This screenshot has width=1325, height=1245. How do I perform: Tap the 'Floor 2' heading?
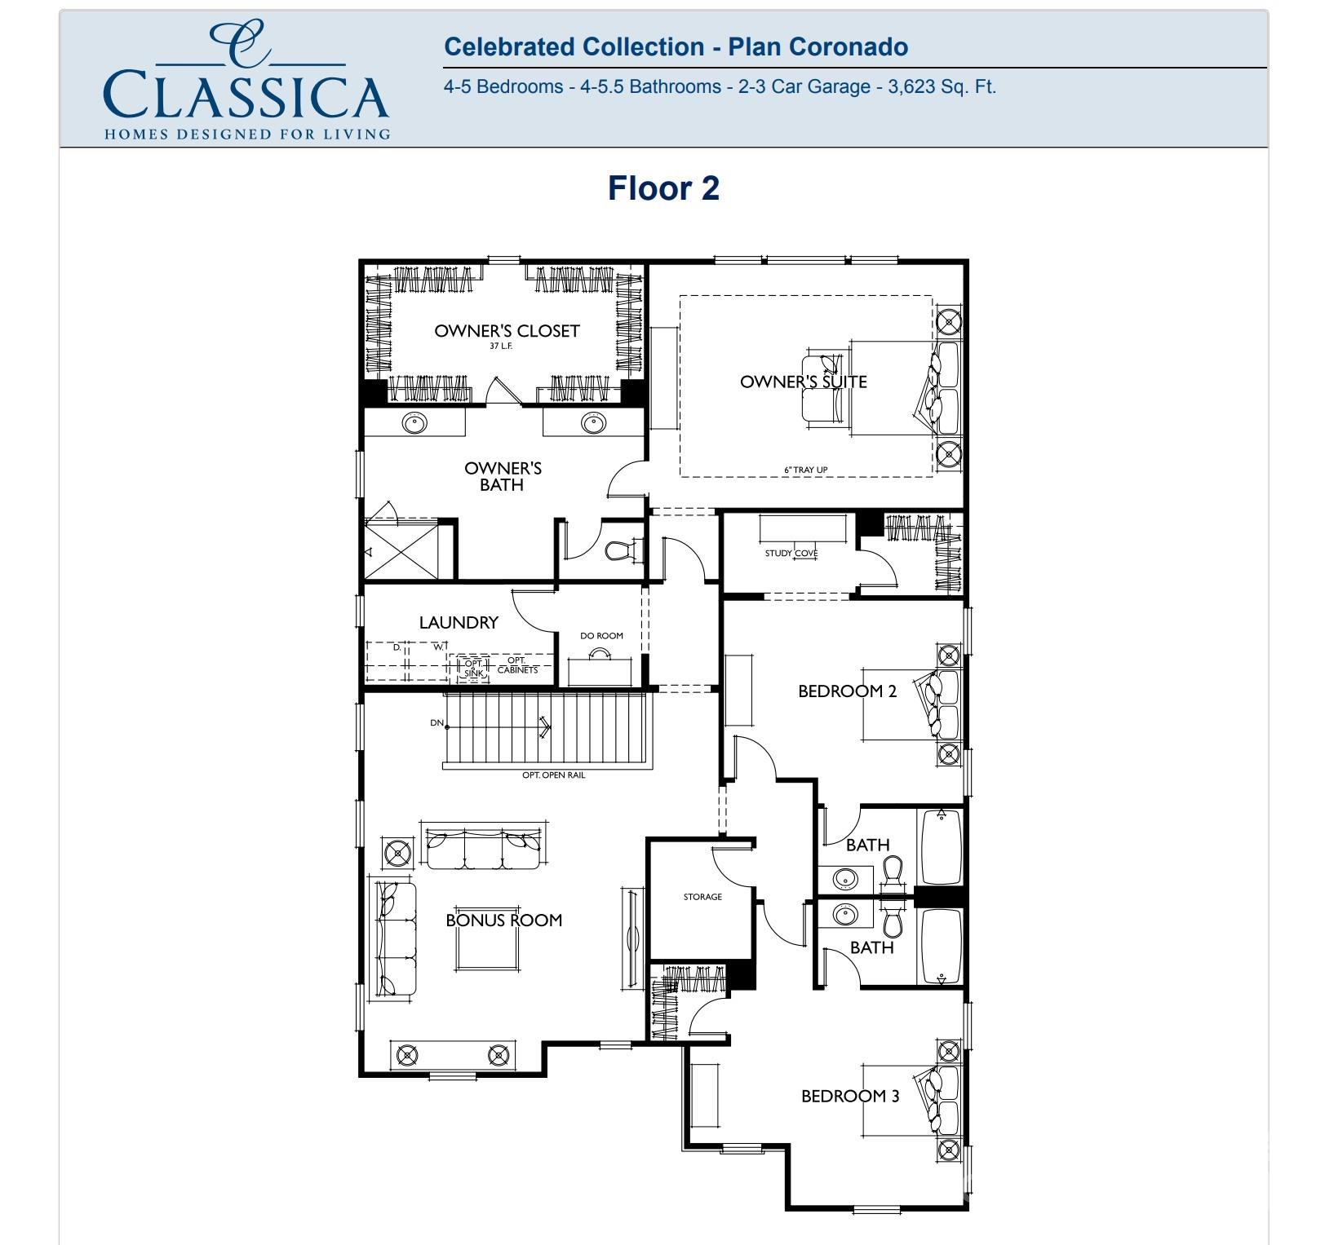[x=663, y=188]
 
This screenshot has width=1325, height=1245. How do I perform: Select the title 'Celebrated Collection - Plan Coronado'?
[x=676, y=46]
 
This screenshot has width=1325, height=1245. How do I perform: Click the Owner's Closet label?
[x=507, y=331]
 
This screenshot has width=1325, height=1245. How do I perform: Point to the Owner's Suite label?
[x=803, y=382]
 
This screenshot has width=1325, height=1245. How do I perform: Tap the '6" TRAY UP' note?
[x=805, y=470]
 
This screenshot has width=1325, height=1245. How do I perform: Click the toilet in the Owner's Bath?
[x=623, y=550]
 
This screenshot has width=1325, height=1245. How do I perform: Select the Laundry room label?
[x=459, y=622]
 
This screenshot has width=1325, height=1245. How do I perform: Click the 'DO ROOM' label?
[x=601, y=636]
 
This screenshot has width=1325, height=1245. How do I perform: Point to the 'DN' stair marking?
[x=437, y=723]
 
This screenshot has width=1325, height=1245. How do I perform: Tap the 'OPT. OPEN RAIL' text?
[x=553, y=775]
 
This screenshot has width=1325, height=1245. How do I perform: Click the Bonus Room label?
[x=503, y=920]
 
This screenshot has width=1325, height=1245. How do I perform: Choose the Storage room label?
[x=702, y=897]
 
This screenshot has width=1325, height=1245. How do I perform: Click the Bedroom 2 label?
[x=847, y=691]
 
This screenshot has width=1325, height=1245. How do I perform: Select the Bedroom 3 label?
[x=850, y=1096]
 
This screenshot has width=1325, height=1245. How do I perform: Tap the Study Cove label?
[x=791, y=553]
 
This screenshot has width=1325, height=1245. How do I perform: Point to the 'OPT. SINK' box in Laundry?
[x=473, y=668]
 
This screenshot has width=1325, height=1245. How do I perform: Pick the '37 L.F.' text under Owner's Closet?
[x=501, y=346]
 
